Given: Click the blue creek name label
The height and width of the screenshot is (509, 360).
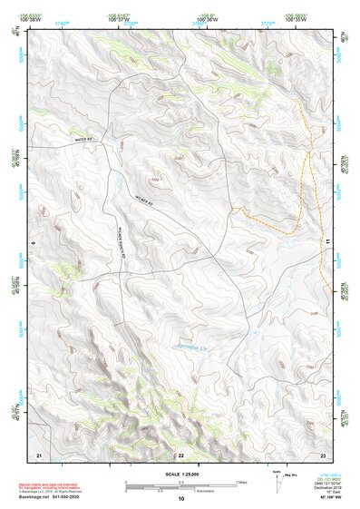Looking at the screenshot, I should [192, 347].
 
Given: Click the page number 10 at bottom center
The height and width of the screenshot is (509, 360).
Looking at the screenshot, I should [180, 498].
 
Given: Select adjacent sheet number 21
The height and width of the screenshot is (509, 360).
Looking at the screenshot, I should [39, 454].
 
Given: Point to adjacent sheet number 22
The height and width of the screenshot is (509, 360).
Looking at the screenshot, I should [180, 454].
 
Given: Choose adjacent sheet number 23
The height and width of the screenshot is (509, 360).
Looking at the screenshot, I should [322, 454].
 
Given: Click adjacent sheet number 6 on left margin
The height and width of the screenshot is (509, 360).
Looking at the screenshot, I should [33, 243].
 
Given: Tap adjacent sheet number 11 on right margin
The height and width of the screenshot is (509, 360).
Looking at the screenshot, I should [328, 243].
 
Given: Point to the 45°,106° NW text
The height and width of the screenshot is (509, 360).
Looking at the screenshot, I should [328, 497].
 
